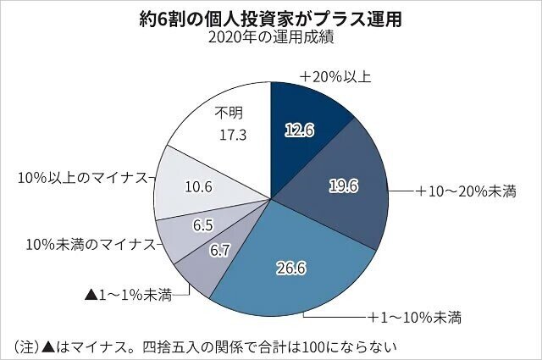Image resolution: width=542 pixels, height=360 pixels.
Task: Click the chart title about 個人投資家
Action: (x=271, y=18)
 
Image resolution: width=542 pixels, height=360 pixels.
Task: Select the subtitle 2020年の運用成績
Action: (x=270, y=39)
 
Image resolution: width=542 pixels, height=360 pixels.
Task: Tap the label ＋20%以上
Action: (x=335, y=75)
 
